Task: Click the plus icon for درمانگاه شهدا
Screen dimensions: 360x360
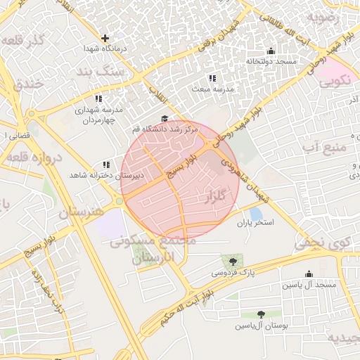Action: [x=105, y=38]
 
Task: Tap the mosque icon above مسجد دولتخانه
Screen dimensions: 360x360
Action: [x=271, y=51]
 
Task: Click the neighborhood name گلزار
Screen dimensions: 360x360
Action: [x=215, y=196]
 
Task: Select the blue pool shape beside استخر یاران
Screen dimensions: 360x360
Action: [x=256, y=213]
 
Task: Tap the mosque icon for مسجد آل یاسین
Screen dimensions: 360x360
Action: [x=309, y=274]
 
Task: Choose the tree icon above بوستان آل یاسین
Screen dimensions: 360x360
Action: [x=261, y=315]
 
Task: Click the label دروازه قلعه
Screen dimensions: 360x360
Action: [x=35, y=156]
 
